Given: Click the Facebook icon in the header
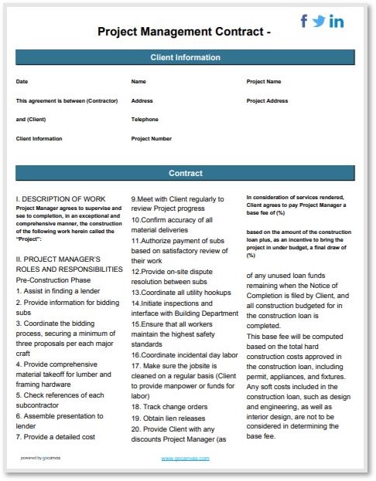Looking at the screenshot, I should click(x=304, y=22).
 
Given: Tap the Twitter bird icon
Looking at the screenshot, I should click(x=320, y=22).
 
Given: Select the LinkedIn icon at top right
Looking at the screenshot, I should click(x=337, y=22).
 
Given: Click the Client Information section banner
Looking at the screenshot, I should click(x=185, y=58).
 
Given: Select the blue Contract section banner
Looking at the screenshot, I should click(x=185, y=173).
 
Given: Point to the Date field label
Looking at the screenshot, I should click(x=22, y=81).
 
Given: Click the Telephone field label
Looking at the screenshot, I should click(x=145, y=120).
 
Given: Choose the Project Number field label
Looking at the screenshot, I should click(x=152, y=139).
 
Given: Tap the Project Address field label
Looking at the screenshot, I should click(x=267, y=100).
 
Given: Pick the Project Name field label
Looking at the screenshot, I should click(x=264, y=81).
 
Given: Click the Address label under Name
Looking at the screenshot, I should click(x=142, y=100).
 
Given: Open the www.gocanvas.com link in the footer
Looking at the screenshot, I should click(x=185, y=459).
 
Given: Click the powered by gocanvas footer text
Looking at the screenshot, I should click(x=42, y=459).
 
